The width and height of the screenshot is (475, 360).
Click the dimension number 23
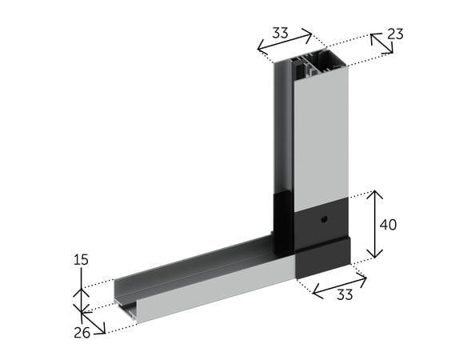395,34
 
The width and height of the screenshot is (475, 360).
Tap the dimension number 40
388,225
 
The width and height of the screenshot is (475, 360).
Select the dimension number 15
81,260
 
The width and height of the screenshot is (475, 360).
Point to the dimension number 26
82,333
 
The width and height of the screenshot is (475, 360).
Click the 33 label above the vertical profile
280,33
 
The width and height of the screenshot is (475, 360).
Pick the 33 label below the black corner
345,294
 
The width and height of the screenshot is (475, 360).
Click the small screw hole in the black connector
324,219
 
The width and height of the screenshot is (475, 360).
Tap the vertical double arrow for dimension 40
375,224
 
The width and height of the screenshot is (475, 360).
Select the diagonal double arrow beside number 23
381,44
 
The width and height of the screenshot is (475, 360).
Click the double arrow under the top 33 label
285,39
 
